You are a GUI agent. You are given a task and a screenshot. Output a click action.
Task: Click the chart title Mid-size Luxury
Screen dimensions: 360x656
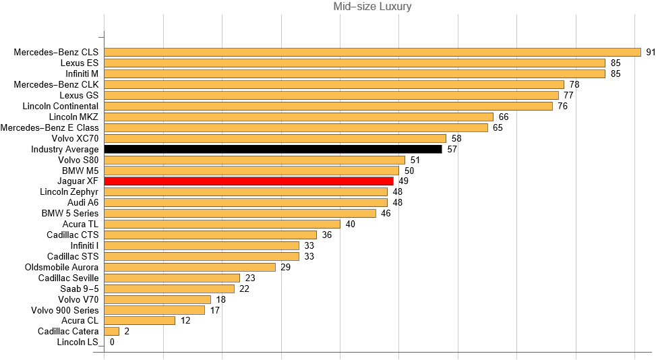pyautogui.click(x=372, y=7)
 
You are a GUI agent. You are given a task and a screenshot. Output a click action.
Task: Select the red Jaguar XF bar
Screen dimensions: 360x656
pyautogui.click(x=249, y=181)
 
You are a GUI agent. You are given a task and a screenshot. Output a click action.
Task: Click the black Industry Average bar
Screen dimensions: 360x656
pyautogui.click(x=273, y=149)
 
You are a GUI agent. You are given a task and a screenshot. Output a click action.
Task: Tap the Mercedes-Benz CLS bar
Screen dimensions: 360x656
pyautogui.click(x=372, y=52)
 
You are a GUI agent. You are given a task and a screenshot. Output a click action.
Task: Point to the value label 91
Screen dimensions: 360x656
pyautogui.click(x=651, y=52)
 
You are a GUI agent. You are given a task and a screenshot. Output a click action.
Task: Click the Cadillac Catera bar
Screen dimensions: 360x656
pyautogui.click(x=112, y=332)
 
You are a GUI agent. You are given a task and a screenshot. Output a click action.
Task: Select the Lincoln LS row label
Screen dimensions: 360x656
pyautogui.click(x=78, y=342)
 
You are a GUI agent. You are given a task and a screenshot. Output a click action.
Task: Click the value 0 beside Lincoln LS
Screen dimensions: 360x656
pyautogui.click(x=112, y=342)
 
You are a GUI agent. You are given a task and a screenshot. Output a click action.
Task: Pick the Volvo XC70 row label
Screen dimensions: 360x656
pyautogui.click(x=75, y=138)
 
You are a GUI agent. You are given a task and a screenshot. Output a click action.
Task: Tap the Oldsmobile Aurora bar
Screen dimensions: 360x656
pyautogui.click(x=190, y=267)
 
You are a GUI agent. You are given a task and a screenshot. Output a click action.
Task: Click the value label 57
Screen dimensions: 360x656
pyautogui.click(x=452, y=149)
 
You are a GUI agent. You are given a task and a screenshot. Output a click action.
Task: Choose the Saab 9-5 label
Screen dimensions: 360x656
pyautogui.click(x=79, y=289)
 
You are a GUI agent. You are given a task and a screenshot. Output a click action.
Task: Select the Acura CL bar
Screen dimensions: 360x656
pyautogui.click(x=140, y=321)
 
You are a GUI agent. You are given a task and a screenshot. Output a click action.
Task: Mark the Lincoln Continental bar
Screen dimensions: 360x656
pyautogui.click(x=328, y=106)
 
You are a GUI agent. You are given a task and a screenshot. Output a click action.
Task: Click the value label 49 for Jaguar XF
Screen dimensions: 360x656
pyautogui.click(x=403, y=181)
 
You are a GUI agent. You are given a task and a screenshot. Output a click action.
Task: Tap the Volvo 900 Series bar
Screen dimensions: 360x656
pyautogui.click(x=154, y=310)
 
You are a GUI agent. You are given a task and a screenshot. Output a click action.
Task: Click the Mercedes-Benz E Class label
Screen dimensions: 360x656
pyautogui.click(x=49, y=127)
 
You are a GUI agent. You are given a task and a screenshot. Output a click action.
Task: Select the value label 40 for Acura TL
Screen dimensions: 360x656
pyautogui.click(x=351, y=224)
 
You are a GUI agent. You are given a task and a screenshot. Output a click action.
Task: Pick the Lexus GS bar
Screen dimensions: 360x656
pyautogui.click(x=331, y=95)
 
